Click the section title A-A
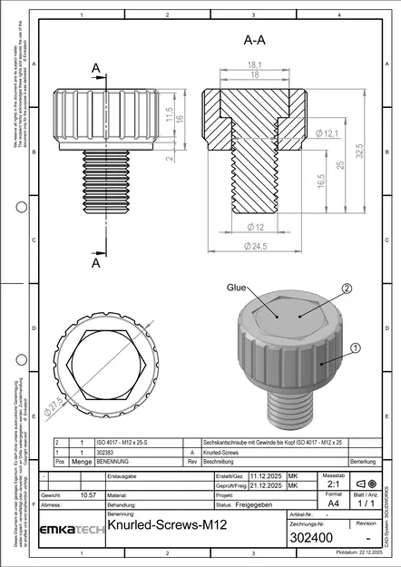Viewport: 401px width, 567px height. pos(255,41)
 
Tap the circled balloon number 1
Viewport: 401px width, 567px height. pos(355,347)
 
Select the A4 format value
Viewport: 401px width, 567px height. pos(334,501)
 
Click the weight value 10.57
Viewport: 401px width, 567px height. pos(89,495)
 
